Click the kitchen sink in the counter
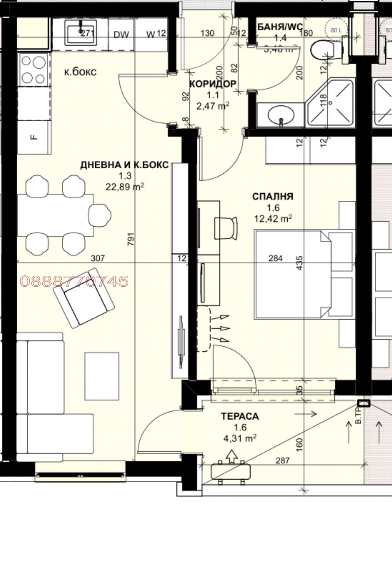pos(80,32)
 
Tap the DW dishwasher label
pos(121,34)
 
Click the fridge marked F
pos(34,137)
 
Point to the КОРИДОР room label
pos(213,84)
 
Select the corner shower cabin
pos(330,103)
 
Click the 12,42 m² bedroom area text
pos(273,219)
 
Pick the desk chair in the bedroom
pos(226,228)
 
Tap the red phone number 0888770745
pos(74,281)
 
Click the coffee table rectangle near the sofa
pos(102,375)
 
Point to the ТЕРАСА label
pos(240,416)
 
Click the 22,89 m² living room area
pos(125,187)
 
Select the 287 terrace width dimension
pos(283,460)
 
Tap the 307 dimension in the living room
pos(98,258)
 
